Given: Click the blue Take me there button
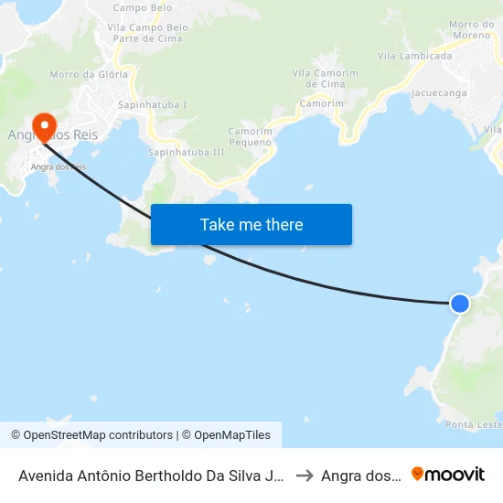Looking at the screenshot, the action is (x=251, y=225).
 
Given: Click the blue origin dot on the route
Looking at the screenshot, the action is (x=460, y=303).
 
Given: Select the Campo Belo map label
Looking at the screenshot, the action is (x=142, y=7).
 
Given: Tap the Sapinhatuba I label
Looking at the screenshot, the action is (x=153, y=105).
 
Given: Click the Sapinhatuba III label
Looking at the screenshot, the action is (x=186, y=152).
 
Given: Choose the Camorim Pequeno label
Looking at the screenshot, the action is (x=250, y=136).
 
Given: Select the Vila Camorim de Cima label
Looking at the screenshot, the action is (x=325, y=78).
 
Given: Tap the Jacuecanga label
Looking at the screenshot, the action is (x=439, y=93).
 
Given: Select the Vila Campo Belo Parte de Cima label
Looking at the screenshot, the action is (x=147, y=33).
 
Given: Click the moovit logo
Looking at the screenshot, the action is (x=448, y=474).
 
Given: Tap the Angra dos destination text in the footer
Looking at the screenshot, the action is (x=360, y=476).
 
